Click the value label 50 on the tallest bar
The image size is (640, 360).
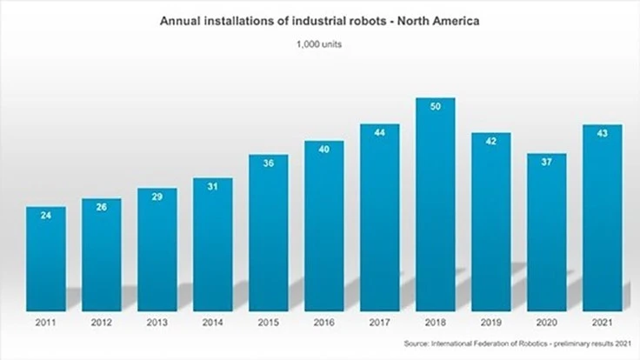pos(436,106)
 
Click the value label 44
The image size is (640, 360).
pos(380,132)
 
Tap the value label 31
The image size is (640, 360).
pos(213,187)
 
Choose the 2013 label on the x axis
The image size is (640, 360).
pos(157,323)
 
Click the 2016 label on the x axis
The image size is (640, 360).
pos(323,323)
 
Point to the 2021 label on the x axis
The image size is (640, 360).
pos(602,323)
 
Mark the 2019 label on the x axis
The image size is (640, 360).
pos(491,323)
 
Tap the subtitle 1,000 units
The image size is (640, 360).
pos(319,44)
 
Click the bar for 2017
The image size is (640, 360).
pos(380,217)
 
